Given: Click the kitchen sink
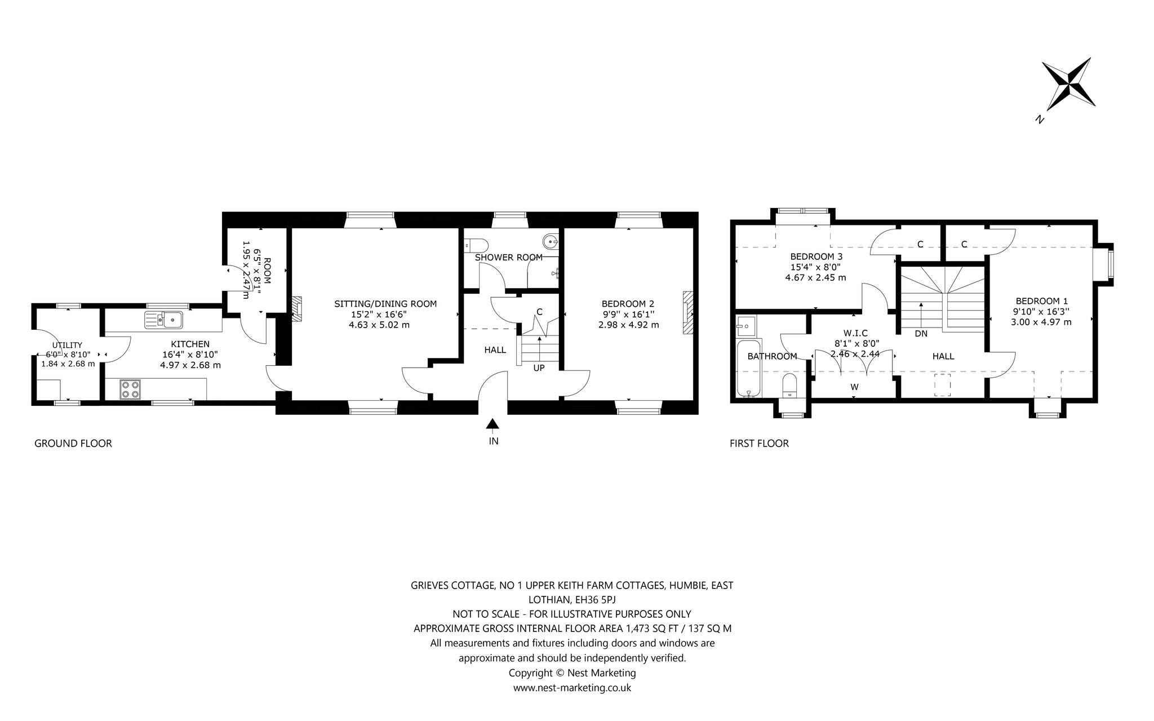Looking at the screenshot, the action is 163,320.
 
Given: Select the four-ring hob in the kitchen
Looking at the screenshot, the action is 131,389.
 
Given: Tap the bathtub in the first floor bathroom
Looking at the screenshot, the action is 748,368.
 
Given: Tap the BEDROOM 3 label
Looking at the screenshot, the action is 815,256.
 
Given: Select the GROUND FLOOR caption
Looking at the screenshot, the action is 73,443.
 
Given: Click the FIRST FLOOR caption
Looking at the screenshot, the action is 759,443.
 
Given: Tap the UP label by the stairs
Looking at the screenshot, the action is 539,368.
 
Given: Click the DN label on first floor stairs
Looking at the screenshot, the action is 921,333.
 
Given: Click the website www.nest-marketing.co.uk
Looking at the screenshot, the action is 572,688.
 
